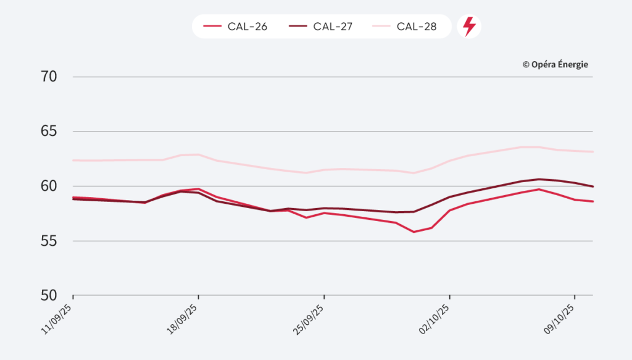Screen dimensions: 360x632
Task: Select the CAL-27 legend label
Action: [333, 27]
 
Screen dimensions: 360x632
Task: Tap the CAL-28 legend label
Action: [417, 27]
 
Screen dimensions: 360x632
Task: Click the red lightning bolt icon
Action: [470, 27]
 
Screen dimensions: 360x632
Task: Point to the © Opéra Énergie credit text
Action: [555, 64]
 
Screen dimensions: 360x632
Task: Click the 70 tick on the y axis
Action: [49, 77]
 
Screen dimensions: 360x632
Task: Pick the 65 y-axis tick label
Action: [49, 132]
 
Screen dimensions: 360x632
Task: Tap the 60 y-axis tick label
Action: [49, 186]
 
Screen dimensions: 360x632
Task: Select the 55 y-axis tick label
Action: [49, 241]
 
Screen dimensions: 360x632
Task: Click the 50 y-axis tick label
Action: [49, 295]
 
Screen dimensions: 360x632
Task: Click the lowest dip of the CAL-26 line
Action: [414, 232]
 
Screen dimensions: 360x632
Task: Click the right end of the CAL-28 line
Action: [592, 151]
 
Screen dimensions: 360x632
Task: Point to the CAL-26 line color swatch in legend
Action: [212, 27]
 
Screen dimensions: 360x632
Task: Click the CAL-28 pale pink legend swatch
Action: [381, 27]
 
